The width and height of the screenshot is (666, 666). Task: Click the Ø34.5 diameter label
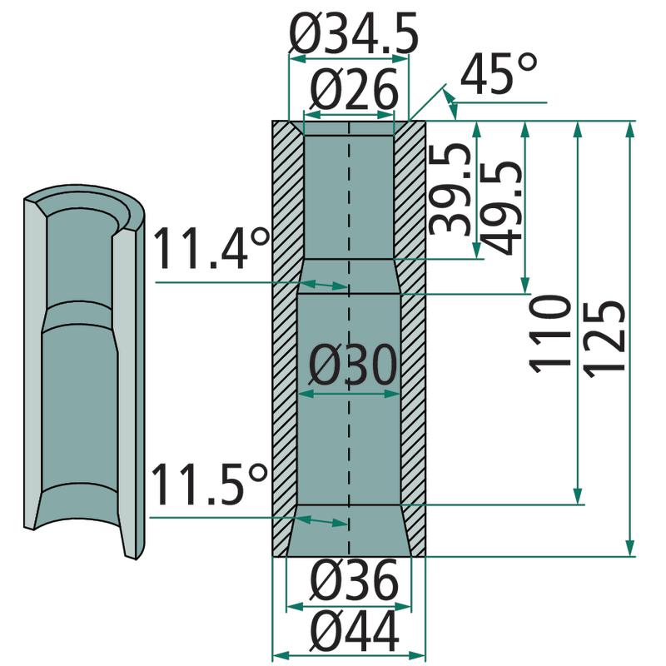pyautogui.click(x=353, y=33)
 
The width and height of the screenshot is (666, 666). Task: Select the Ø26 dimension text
pyautogui.click(x=353, y=90)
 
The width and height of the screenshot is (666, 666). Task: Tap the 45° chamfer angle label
pyautogui.click(x=499, y=73)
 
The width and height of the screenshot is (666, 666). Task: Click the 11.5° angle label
pyautogui.click(x=210, y=484)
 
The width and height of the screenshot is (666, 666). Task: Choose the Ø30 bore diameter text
pyautogui.click(x=352, y=365)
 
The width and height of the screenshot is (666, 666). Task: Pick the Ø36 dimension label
pyautogui.click(x=354, y=579)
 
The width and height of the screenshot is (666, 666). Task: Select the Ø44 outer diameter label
pyautogui.click(x=355, y=630)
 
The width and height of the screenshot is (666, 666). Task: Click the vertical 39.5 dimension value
pyautogui.click(x=450, y=189)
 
